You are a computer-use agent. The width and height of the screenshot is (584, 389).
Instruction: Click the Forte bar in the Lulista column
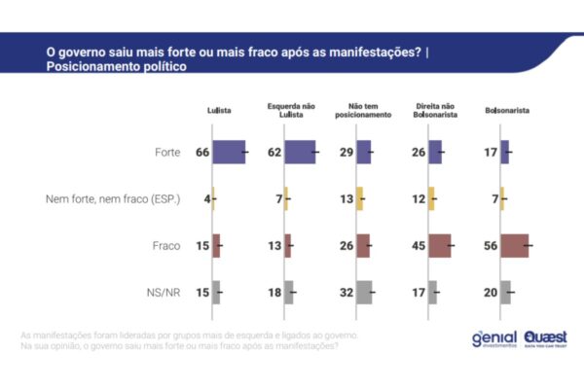229,153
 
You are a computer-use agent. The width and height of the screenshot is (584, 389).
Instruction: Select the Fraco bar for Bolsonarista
514,246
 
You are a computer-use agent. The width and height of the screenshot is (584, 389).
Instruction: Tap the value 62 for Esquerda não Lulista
275,153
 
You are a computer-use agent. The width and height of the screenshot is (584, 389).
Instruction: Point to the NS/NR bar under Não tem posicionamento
364,292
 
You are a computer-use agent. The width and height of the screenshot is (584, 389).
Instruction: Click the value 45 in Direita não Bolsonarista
420,246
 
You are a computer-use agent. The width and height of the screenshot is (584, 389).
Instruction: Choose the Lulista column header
219,111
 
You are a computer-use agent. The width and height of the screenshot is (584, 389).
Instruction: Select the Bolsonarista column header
507,111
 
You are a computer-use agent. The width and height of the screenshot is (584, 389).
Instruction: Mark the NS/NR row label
165,292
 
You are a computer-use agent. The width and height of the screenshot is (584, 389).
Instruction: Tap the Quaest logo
545,338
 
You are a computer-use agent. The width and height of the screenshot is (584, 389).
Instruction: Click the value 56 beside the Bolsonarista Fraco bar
492,246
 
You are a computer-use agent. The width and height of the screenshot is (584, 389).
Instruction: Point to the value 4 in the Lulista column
207,199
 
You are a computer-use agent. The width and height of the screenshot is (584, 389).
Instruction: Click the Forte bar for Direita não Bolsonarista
435,153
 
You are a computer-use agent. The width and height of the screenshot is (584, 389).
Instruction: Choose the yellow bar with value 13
359,199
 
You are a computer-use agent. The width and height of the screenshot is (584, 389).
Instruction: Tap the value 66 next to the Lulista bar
203,153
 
